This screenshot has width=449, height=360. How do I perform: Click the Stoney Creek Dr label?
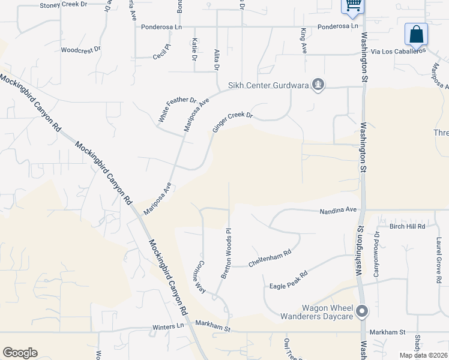pyautogui.click(x=63, y=5)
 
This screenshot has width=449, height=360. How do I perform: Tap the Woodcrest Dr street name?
pyautogui.click(x=80, y=50)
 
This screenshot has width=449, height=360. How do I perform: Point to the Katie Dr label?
pyautogui.click(x=194, y=49)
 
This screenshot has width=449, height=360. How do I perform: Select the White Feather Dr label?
pyautogui.click(x=178, y=110)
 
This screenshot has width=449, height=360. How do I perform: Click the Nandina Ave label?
pyautogui.click(x=338, y=210)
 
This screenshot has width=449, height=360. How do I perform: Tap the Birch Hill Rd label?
pyautogui.click(x=408, y=226)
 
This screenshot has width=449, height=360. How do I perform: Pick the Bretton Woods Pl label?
pyautogui.click(x=226, y=253)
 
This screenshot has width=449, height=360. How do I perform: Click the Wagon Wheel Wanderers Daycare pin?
pyautogui.click(x=361, y=311)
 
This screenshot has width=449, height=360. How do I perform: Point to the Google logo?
pyautogui.click(x=20, y=353)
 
